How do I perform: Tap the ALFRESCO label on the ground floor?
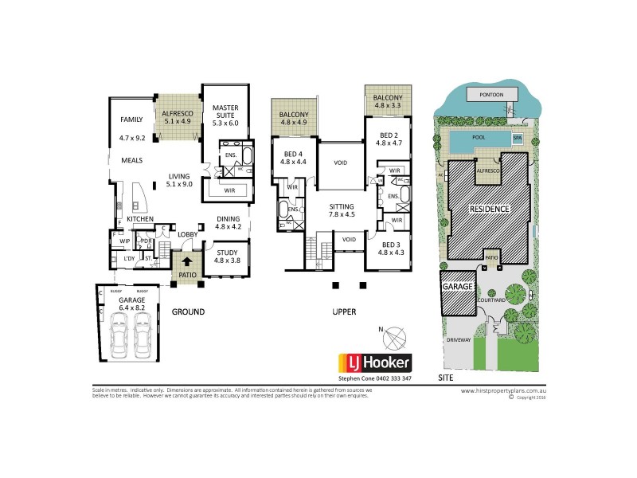(x=176, y=114)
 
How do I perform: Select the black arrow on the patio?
(x=187, y=261)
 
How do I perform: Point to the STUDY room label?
(x=228, y=253)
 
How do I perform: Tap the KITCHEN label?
(x=139, y=219)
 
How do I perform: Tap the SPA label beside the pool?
(x=517, y=138)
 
